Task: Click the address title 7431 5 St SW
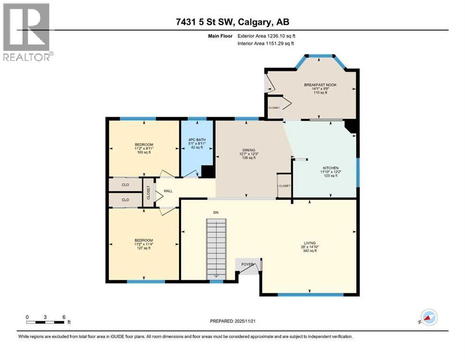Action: tap(232, 22)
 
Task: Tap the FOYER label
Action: tap(247, 264)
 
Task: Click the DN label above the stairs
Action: tap(216, 212)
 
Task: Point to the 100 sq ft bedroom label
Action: tap(144, 149)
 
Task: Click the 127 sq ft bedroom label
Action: tap(144, 244)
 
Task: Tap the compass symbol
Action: tap(428, 318)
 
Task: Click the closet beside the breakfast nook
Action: tap(274, 107)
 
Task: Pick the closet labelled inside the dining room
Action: tap(284, 186)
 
